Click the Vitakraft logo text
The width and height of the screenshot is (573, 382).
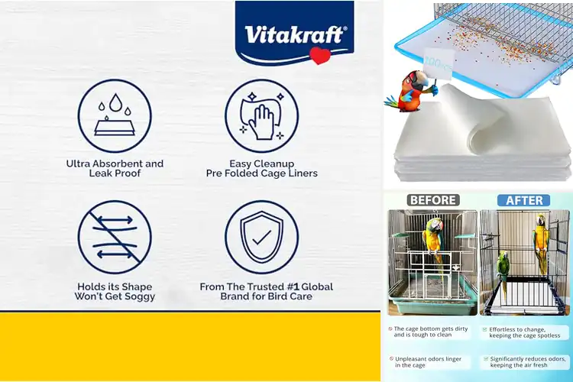[x=294, y=34]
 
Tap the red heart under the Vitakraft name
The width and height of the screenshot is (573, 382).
[x=319, y=54]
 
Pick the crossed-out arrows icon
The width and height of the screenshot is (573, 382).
[x=115, y=237]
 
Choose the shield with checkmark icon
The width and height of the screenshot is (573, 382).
[x=261, y=237]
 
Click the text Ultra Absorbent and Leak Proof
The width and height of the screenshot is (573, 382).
[x=115, y=168]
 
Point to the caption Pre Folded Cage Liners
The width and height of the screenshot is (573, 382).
[x=261, y=173]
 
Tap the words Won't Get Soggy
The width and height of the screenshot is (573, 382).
[x=115, y=296]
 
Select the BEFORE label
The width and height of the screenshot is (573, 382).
[x=433, y=200]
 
